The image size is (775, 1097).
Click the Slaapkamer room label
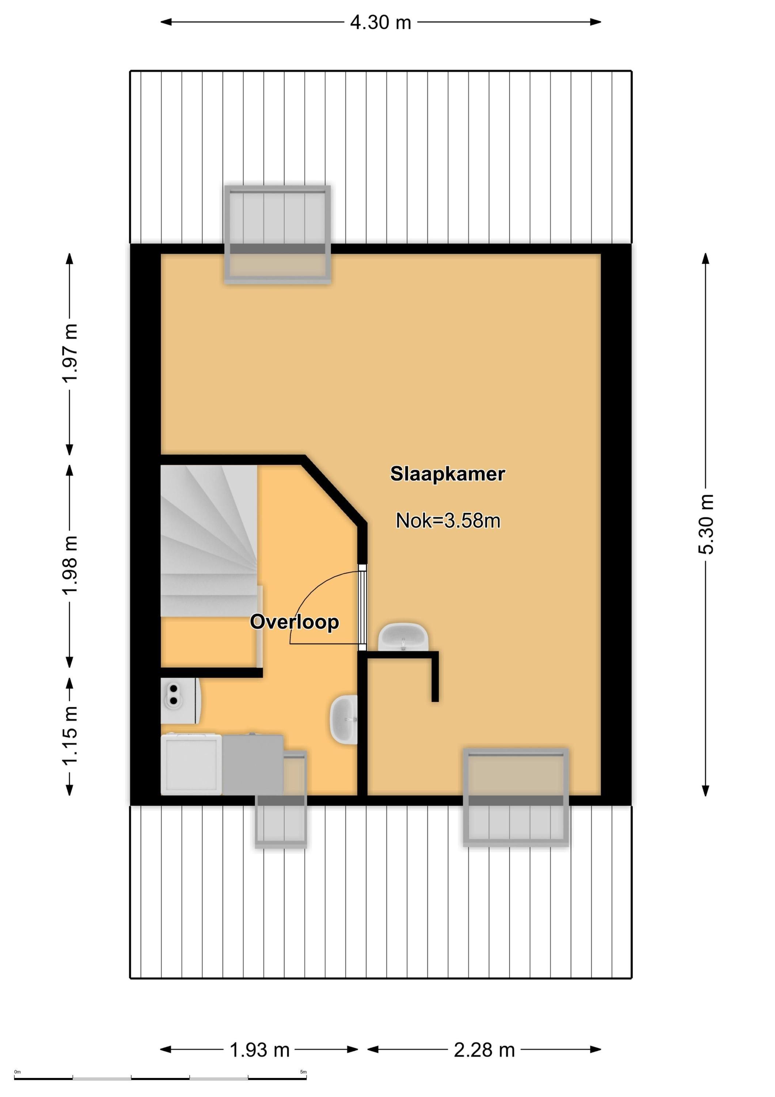tap(448, 474)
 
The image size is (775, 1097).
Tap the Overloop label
tap(294, 622)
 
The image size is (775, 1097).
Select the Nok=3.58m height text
tap(448, 520)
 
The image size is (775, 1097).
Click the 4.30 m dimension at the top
tap(381, 22)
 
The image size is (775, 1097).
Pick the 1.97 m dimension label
tap(70, 353)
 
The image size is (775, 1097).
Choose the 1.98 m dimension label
tap(70, 566)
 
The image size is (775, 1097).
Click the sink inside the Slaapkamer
tap(403, 637)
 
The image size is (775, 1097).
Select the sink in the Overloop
tap(343, 720)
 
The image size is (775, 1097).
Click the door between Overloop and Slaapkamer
tap(362, 607)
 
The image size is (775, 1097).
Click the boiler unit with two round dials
tap(181, 701)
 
